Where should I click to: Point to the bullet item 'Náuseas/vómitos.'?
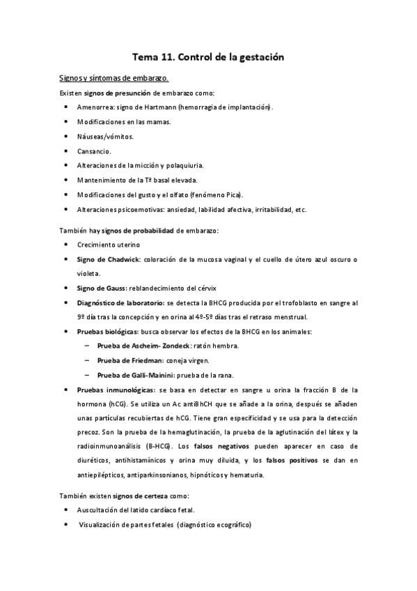[x=106, y=136]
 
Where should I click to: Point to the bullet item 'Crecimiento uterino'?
[x=109, y=245]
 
